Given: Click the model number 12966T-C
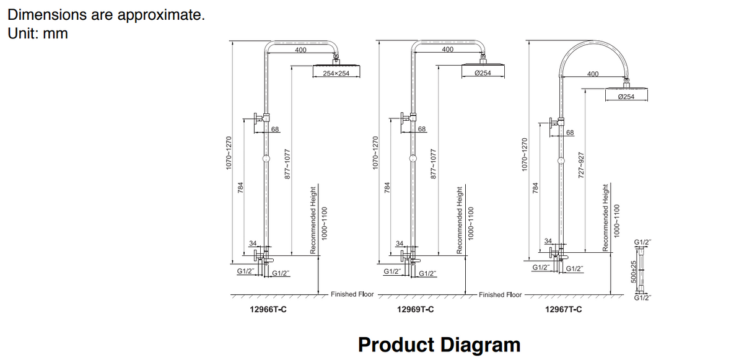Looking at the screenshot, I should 268,310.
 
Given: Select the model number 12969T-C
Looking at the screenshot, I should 415,310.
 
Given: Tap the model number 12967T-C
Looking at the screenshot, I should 563,310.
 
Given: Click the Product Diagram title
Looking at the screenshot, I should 439,344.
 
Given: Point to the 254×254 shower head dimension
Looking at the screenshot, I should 336,74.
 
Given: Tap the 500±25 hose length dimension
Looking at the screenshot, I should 634,271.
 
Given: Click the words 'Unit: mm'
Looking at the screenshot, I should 38,33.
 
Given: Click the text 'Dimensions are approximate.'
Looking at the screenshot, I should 106,15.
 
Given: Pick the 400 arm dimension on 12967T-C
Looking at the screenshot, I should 593,74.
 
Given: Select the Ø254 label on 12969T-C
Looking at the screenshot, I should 483,73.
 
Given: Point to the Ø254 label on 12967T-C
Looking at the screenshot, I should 626,97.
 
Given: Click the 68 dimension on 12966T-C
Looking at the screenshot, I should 276,129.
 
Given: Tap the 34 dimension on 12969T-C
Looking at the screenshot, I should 400,243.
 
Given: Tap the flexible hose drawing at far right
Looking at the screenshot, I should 642,271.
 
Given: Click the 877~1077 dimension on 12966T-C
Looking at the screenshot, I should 287,164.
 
